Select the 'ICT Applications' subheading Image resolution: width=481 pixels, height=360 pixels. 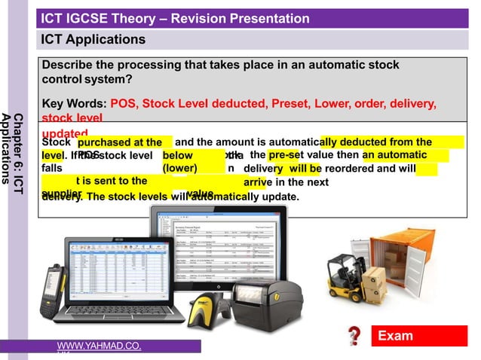click(93, 39)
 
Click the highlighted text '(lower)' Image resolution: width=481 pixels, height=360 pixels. click(180, 168)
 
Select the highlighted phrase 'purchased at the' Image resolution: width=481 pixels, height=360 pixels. click(120, 142)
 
